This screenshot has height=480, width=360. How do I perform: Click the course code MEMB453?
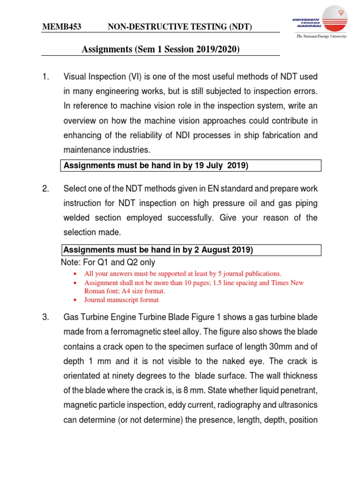tap(62, 28)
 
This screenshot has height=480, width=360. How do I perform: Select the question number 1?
tap(45, 76)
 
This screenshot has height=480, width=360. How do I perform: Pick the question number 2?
tap(45, 189)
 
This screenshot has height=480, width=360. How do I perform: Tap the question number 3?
tap(45, 318)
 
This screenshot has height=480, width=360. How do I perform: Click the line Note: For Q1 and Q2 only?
tap(108, 262)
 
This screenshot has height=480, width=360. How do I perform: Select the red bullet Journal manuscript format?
tap(121, 300)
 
